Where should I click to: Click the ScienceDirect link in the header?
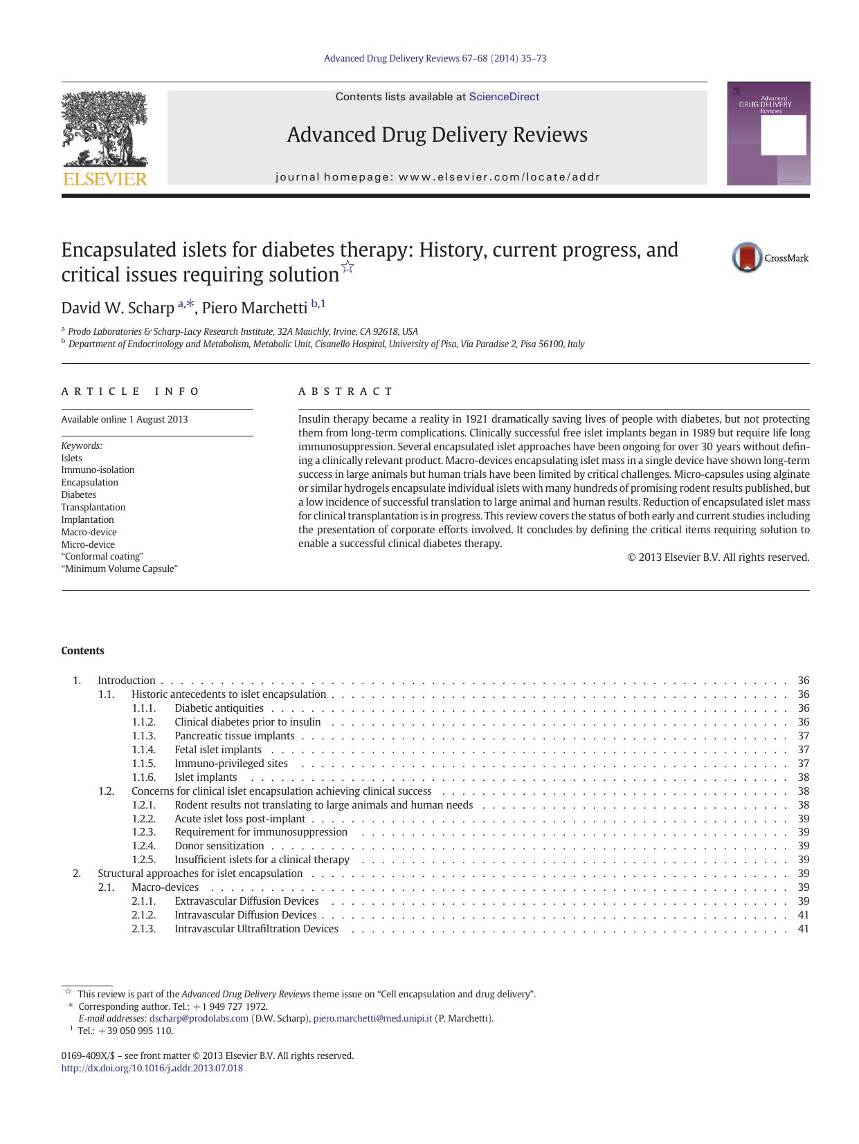click(x=504, y=97)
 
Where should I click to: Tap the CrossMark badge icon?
click(x=748, y=257)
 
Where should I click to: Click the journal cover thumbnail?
click(x=768, y=133)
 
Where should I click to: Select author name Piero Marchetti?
click(x=255, y=308)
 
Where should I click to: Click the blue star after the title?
click(x=347, y=267)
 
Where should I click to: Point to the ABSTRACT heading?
click(x=345, y=391)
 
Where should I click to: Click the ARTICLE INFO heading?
click(x=130, y=391)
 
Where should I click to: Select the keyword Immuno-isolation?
click(x=98, y=470)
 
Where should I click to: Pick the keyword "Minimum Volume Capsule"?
click(x=119, y=569)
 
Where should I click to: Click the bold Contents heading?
click(x=82, y=650)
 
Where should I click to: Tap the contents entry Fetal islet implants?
click(x=218, y=749)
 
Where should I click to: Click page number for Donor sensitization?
click(x=803, y=845)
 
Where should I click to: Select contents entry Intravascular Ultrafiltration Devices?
click(x=256, y=928)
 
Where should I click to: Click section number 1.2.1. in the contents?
click(x=143, y=804)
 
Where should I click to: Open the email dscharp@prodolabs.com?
click(x=199, y=1018)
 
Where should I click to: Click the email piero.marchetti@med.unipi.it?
click(x=372, y=1018)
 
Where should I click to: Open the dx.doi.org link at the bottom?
click(x=152, y=1067)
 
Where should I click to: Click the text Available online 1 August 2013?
click(x=124, y=419)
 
